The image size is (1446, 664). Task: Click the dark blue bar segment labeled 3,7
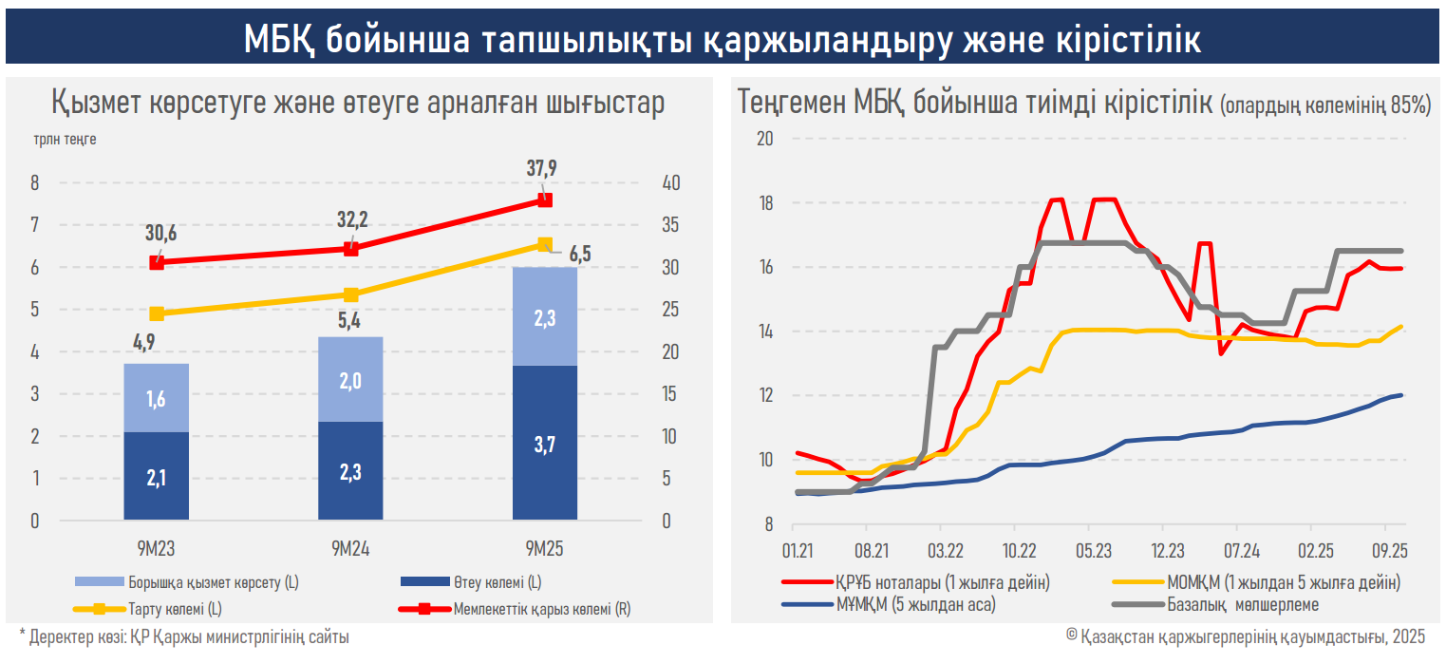point(544,443)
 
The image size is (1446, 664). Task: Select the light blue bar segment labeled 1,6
point(157,398)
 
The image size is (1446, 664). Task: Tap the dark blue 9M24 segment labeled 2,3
point(350,470)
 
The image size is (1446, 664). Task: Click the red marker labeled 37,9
point(545,200)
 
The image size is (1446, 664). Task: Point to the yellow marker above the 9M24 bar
point(350,294)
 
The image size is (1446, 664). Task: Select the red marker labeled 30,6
point(158,262)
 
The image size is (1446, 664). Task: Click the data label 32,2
point(351,221)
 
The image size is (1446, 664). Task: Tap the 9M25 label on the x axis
point(544,548)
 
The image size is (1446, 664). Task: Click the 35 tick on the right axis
point(670,225)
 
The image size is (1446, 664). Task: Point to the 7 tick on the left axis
point(35,225)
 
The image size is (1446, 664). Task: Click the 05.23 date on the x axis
point(1093,550)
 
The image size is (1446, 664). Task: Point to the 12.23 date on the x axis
point(1167,550)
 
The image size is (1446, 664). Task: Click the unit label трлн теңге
point(65,139)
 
